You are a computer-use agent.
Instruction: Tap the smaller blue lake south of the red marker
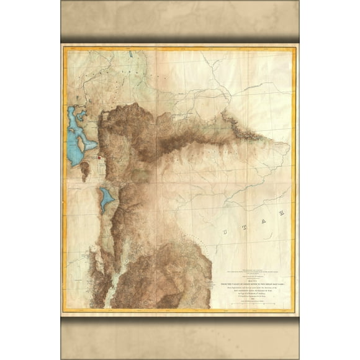[107, 198]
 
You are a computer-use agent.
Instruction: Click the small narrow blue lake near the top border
[132, 54]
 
